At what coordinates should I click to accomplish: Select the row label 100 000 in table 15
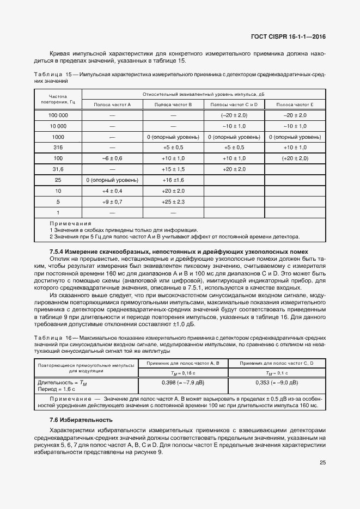click(x=58, y=115)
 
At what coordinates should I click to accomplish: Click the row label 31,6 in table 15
click(x=58, y=169)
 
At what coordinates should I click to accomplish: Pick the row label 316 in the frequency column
click(x=58, y=148)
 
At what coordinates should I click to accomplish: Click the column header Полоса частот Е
click(x=295, y=103)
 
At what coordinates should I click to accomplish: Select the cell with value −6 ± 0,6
click(x=112, y=158)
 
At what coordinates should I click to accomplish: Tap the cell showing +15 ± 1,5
click(x=173, y=169)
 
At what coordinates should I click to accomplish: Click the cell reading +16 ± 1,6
click(x=173, y=180)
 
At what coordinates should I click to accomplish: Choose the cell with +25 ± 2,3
click(x=173, y=201)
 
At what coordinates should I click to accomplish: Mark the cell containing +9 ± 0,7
click(x=112, y=201)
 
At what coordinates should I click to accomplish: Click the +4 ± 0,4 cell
click(x=112, y=191)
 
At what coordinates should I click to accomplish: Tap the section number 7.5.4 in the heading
click(x=58, y=252)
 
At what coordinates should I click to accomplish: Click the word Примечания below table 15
click(x=70, y=223)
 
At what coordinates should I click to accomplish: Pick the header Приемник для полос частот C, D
click(x=277, y=363)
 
